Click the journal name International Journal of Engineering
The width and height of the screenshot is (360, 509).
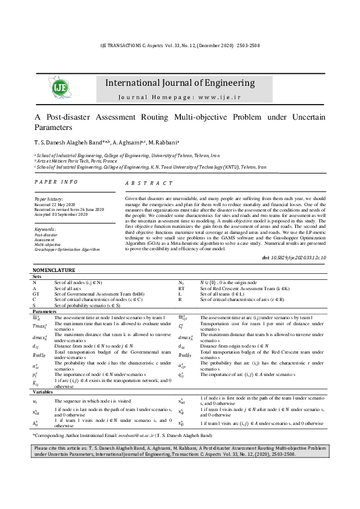[180, 83]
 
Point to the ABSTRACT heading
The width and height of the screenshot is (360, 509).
[149, 183]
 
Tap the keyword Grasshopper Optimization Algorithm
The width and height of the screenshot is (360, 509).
[67, 249]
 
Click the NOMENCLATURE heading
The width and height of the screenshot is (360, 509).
[53, 270]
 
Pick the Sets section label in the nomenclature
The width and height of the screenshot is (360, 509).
[37, 276]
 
